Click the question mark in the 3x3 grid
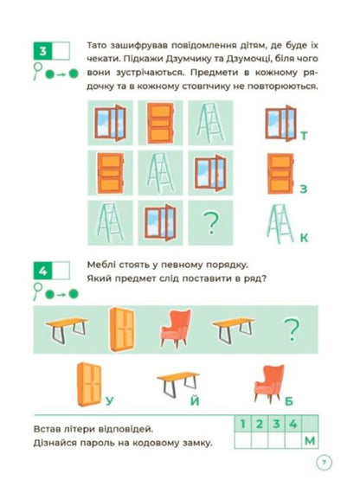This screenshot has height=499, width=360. click(x=211, y=223)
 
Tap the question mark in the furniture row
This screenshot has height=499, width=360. click(x=292, y=329)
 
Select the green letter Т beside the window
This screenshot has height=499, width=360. click(x=304, y=136)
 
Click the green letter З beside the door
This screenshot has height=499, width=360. click(x=303, y=189)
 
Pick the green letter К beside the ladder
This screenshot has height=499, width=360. click(x=304, y=238)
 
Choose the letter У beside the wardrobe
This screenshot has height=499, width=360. click(x=109, y=400)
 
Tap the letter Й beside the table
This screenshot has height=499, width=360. click(x=195, y=400)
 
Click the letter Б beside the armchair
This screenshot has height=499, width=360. click(x=289, y=401)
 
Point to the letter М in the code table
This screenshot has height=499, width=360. click(x=310, y=441)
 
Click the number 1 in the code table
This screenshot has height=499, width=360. click(x=243, y=424)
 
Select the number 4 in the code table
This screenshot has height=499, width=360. click(x=293, y=424)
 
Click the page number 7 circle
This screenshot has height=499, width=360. click(x=324, y=462)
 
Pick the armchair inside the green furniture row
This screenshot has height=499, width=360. click(x=176, y=329)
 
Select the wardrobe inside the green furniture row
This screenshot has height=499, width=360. click(x=122, y=329)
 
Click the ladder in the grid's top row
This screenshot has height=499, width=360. click(x=210, y=123)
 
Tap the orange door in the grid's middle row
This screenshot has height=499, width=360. click(x=110, y=173)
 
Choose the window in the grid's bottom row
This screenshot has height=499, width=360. click(x=160, y=223)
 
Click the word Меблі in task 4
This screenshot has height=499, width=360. click(x=101, y=265)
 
